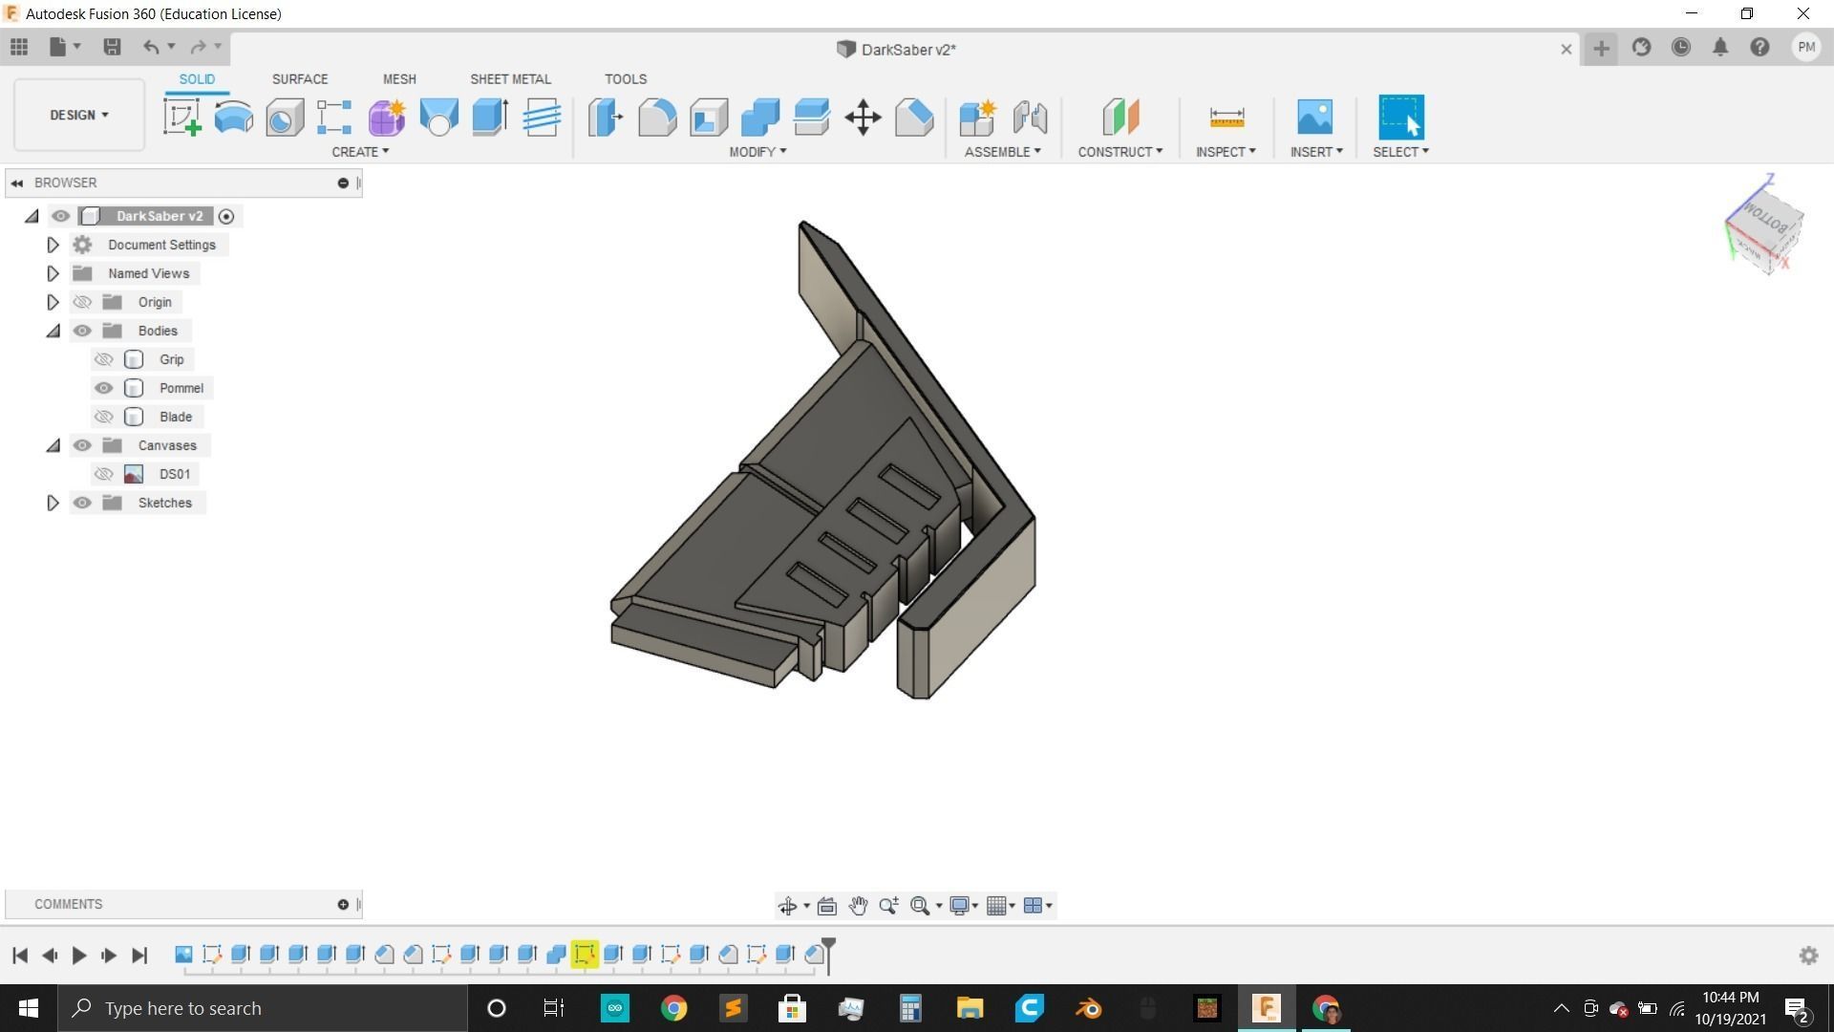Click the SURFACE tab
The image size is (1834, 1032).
299,79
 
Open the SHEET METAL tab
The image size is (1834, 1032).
510,79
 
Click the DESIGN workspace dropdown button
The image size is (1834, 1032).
79,115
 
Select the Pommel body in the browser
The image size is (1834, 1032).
181,388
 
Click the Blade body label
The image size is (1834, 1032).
176,417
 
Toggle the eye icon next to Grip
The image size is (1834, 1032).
103,359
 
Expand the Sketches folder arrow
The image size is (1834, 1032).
53,503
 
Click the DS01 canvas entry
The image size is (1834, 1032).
174,474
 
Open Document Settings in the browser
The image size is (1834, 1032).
161,245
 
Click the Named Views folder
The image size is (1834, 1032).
148,273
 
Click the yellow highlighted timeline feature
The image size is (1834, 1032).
585,954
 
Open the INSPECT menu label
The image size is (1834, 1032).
1225,152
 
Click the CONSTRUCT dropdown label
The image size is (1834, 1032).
1120,152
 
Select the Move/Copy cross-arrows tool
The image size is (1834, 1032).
863,118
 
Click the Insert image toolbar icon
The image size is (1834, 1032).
1314,118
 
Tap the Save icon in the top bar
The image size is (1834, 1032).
112,47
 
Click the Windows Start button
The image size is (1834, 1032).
28,1008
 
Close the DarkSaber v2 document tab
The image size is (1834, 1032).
1566,49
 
